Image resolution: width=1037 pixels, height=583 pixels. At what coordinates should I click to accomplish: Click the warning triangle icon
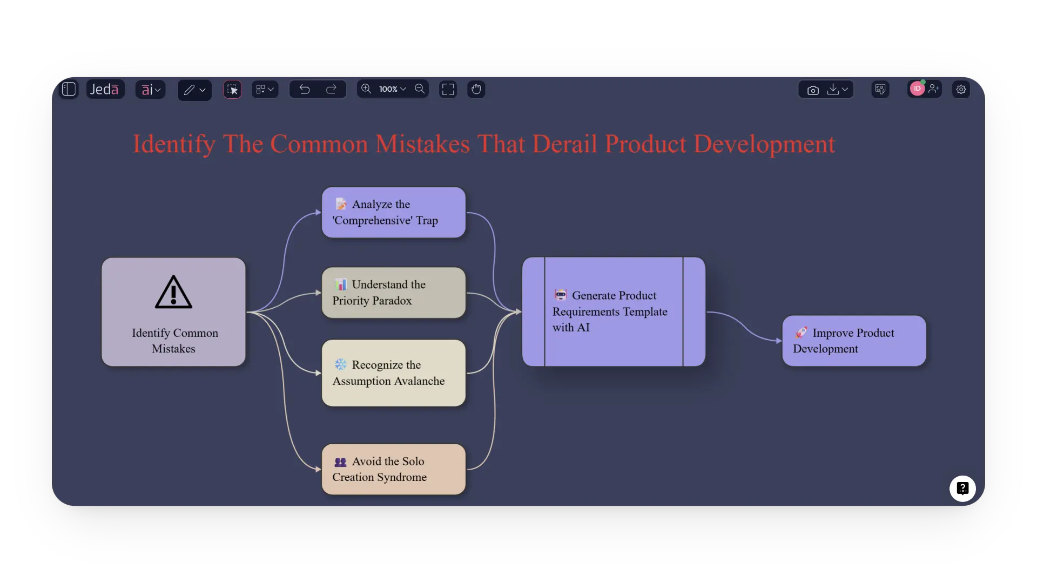173,293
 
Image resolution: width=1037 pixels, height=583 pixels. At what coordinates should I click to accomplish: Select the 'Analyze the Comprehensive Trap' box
393,212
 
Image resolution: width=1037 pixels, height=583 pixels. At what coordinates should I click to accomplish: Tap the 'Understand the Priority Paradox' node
393,293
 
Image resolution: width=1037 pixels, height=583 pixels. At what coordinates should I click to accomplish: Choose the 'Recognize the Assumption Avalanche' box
393,373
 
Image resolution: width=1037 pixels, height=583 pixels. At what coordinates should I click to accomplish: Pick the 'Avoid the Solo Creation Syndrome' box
393,469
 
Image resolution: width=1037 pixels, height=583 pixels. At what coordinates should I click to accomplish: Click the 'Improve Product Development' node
854,341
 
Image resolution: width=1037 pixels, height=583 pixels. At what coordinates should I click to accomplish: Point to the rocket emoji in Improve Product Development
802,333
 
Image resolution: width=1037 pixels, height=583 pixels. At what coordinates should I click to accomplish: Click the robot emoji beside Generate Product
561,295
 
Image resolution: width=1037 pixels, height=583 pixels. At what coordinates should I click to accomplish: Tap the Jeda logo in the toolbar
105,89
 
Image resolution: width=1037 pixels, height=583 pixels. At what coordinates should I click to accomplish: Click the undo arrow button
305,89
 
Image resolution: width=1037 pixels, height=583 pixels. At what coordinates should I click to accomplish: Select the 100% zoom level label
388,89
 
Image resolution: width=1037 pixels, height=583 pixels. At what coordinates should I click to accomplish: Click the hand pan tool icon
476,89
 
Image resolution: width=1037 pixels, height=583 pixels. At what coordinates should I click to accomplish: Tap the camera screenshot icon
813,90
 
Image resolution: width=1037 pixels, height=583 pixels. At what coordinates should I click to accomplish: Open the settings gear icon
961,90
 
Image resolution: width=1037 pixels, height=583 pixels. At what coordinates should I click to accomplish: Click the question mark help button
962,489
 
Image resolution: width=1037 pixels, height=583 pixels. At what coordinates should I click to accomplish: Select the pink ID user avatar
917,89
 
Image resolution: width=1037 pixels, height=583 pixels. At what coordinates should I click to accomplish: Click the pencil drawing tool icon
189,90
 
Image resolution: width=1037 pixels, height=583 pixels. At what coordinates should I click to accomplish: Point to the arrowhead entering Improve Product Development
778,341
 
